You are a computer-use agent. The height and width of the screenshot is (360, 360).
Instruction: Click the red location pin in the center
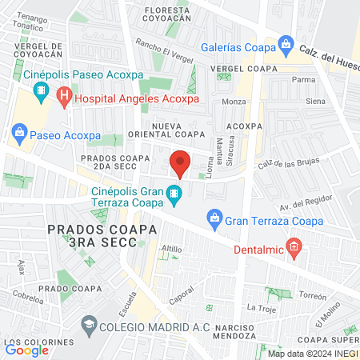(180, 163)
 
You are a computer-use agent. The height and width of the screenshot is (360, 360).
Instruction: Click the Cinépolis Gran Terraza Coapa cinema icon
(173, 194)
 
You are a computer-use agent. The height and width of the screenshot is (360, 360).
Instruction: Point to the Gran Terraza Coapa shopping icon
(214, 217)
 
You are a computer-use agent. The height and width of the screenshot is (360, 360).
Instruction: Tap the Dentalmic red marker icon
(294, 248)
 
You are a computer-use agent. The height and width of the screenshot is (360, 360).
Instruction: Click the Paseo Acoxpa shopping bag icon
(18, 131)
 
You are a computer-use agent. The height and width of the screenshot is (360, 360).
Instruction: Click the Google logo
(27, 349)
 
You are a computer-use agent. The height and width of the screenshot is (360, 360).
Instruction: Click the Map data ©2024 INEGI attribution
(312, 354)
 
